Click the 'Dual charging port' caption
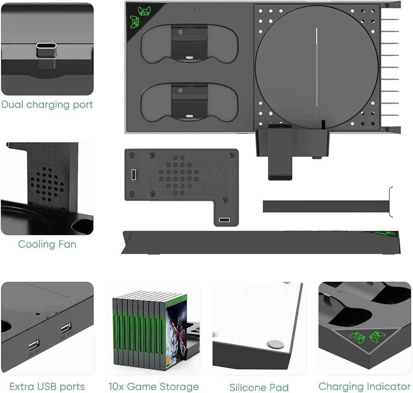[47, 105]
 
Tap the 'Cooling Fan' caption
[47, 244]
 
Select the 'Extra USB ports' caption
[47, 387]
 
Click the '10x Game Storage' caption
[154, 387]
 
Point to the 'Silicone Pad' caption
[259, 387]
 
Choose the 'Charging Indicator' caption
[365, 387]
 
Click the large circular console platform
[317, 66]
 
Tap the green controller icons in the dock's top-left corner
[139, 16]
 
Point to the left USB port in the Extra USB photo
[34, 344]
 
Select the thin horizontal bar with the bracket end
[326, 206]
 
